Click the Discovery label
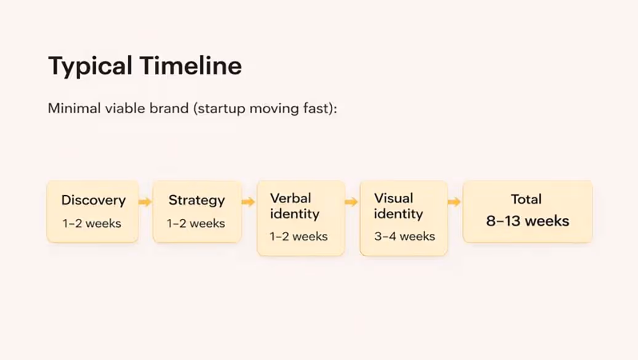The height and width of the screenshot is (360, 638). coord(93,200)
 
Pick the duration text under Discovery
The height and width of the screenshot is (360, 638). coord(92,223)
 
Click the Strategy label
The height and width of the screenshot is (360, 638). coord(196,200)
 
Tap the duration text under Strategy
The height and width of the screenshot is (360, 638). coord(196,223)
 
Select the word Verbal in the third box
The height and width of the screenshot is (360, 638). coord(290,198)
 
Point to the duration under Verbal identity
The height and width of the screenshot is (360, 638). coord(298,236)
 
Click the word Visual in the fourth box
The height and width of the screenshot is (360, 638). coord(394,198)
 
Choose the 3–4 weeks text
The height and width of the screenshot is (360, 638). coord(404,236)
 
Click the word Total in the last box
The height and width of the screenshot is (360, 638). coord(526,199)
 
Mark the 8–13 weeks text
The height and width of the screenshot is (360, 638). coord(527,221)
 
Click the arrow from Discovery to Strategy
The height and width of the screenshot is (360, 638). coord(145,202)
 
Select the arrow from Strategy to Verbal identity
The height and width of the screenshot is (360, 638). coord(249,202)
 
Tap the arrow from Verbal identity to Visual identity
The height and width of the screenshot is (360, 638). coord(351,202)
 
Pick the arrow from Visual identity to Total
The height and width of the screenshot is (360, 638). coord(455,202)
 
